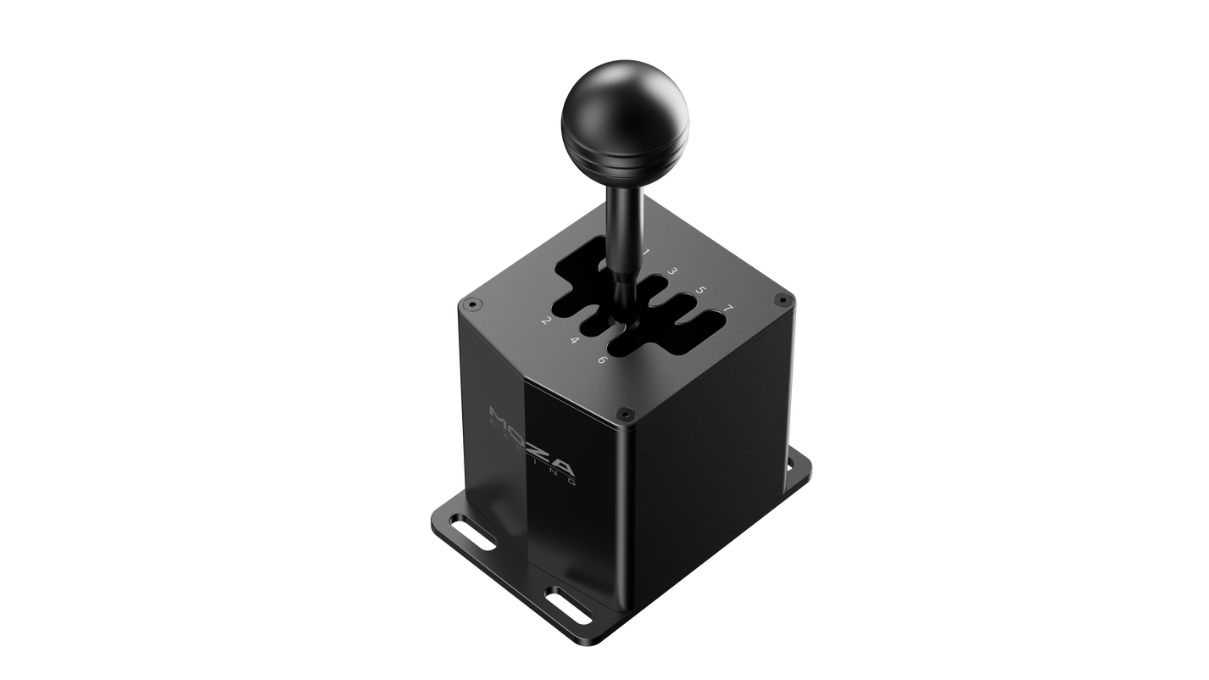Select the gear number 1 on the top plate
645,252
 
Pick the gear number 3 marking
672,271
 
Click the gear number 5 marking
700,290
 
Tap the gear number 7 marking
728,307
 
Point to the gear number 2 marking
547,321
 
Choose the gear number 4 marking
574,341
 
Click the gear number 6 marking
602,360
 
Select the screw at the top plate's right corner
781,299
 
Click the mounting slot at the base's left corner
465,536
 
